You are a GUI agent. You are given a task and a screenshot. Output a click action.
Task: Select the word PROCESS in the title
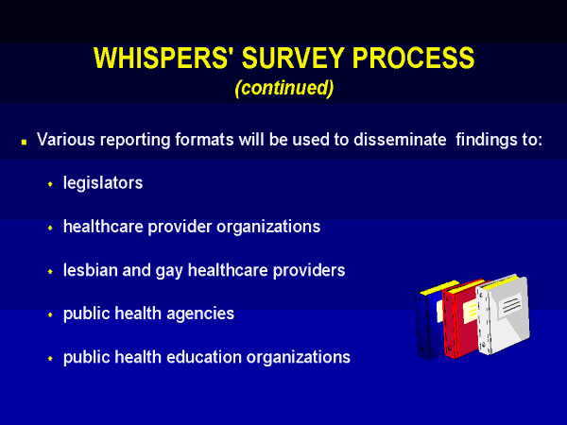tap(413, 58)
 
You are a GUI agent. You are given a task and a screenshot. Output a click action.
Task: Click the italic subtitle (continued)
tap(284, 88)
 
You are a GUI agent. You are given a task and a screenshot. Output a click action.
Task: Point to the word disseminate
tap(400, 139)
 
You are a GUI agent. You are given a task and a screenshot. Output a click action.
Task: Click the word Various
tap(66, 139)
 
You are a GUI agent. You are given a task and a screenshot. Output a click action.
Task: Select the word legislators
tap(103, 182)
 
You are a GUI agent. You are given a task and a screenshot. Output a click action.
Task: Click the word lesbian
tap(91, 270)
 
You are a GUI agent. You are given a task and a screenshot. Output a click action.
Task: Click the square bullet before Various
tap(25, 142)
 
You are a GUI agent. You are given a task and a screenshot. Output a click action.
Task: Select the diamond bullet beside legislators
tap(50, 184)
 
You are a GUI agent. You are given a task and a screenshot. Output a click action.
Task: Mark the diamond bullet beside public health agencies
tap(50, 314)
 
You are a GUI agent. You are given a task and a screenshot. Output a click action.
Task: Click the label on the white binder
tap(510, 305)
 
